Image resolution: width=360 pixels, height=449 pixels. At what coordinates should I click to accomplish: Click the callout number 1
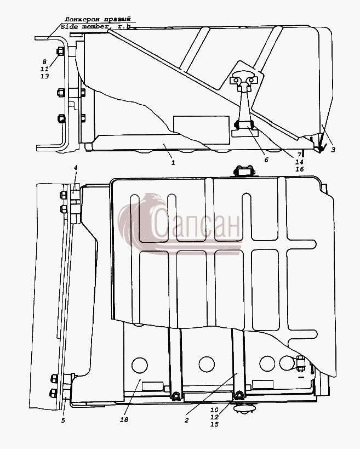[x=173, y=163]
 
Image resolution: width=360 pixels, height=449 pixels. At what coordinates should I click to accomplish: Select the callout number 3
[x=333, y=150]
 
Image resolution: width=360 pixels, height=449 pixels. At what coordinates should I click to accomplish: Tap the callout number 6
[x=266, y=160]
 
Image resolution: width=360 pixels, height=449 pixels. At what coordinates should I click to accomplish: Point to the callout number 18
[x=124, y=419]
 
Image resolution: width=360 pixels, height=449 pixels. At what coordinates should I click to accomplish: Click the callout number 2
[x=187, y=420]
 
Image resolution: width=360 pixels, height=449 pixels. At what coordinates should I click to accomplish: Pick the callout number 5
[x=63, y=420]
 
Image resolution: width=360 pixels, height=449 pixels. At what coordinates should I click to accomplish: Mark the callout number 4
[x=76, y=168]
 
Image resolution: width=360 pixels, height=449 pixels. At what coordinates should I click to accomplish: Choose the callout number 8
[x=44, y=61]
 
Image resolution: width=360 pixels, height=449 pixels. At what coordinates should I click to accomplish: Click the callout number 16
[x=300, y=169]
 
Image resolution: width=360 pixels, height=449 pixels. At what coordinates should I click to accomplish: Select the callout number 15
[x=214, y=424]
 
